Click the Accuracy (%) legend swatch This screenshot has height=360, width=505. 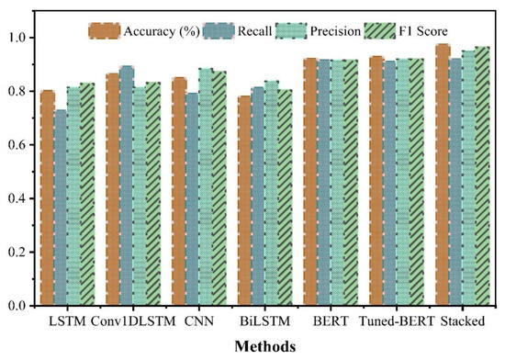pyautogui.click(x=101, y=30)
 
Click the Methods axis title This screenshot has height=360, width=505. pyautogui.click(x=267, y=347)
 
